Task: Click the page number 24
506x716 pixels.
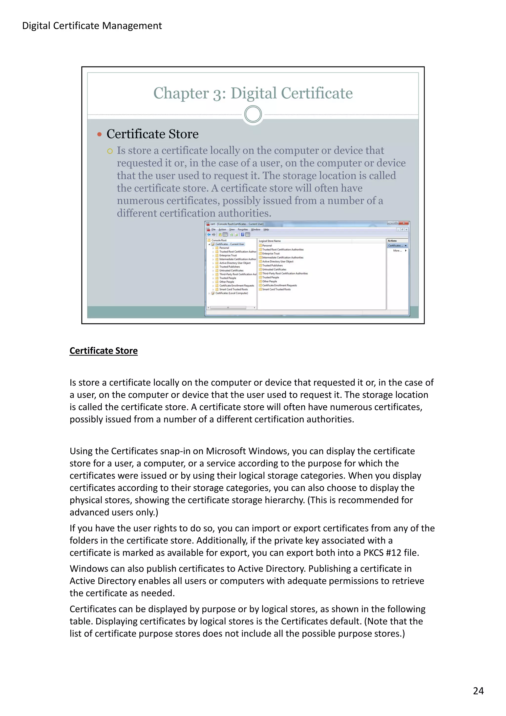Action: (478, 691)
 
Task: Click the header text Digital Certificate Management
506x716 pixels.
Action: (92, 26)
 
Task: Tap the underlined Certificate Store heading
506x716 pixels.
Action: (104, 351)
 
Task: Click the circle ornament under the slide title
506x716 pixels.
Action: (253, 114)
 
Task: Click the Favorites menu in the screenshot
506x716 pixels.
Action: (243, 230)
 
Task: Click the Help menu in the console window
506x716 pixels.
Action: (266, 230)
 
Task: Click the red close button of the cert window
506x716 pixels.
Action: (404, 223)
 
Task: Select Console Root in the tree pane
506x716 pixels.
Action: (219, 240)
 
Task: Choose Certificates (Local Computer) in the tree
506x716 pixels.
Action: (231, 293)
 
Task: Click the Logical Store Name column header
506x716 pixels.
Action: (270, 241)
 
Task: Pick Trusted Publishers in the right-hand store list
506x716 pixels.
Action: (272, 265)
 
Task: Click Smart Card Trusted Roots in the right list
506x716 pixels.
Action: (276, 289)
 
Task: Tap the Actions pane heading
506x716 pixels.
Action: (392, 241)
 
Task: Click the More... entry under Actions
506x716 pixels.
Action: (397, 251)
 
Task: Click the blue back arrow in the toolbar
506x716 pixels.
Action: (209, 234)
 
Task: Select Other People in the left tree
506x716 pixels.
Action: (226, 282)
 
